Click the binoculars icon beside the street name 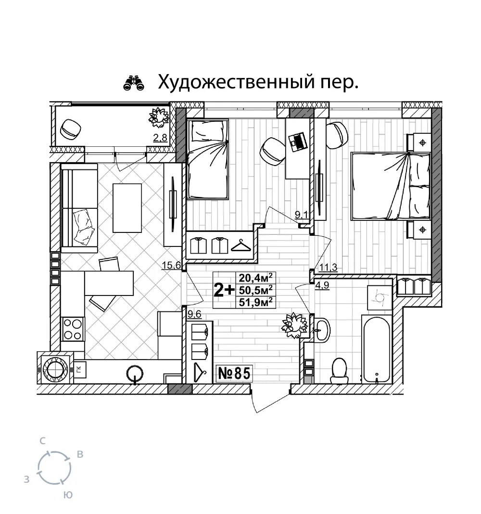(134, 83)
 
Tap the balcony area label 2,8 (160, 138)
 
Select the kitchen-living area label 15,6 (171, 265)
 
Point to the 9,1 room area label (302, 215)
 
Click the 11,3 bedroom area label (329, 268)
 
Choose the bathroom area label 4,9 (322, 285)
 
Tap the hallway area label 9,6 (194, 315)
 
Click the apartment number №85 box (234, 373)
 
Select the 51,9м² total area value (255, 302)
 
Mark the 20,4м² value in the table (255, 278)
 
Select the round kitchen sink (135, 373)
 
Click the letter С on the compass (43, 441)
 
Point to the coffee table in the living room (127, 208)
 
